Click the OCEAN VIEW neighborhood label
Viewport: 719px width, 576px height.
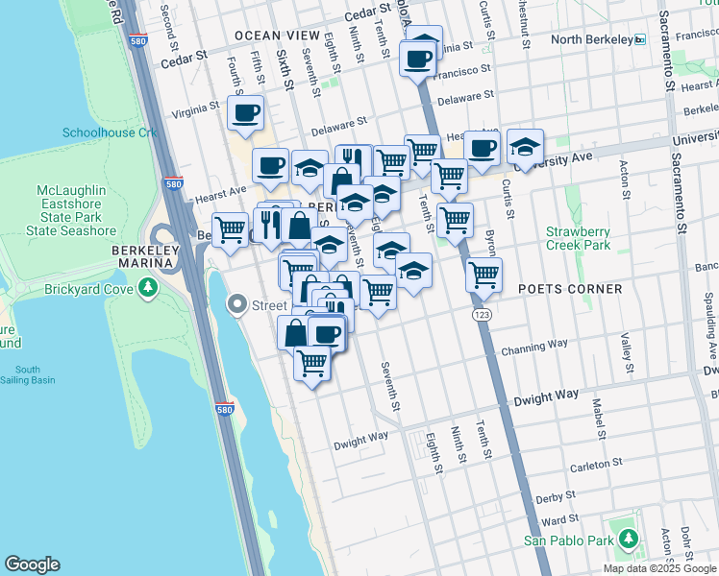(x=277, y=36)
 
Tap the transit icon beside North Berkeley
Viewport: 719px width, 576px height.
(x=639, y=39)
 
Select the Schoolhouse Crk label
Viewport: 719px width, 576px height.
(x=109, y=132)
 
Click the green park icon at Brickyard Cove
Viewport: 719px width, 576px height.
(x=147, y=288)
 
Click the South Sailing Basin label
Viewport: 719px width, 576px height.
(x=28, y=374)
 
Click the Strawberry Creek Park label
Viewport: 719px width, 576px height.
(x=578, y=238)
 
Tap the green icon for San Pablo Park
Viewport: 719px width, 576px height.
(x=627, y=540)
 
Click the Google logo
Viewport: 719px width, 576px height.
(x=32, y=564)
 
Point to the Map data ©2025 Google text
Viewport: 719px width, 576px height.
(x=659, y=568)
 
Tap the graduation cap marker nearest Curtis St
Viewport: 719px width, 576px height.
(x=524, y=146)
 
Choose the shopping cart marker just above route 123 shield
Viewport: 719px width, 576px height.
(x=483, y=275)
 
